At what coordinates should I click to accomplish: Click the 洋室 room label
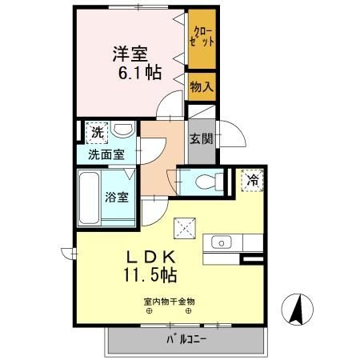coord(130,54)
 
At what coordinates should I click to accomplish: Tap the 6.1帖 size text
coord(142,74)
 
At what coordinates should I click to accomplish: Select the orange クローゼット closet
coord(202,38)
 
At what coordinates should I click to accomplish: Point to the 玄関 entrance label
coord(199,137)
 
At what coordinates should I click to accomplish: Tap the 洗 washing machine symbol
coord(97,131)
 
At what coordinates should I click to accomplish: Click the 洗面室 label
coord(106,154)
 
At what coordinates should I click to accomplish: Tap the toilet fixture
coord(209,179)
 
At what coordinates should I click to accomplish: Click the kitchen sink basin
coord(220,242)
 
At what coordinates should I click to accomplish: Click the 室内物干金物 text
coord(169,302)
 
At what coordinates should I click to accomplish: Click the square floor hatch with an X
coord(189,230)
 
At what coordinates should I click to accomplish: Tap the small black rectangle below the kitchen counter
coord(252,258)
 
